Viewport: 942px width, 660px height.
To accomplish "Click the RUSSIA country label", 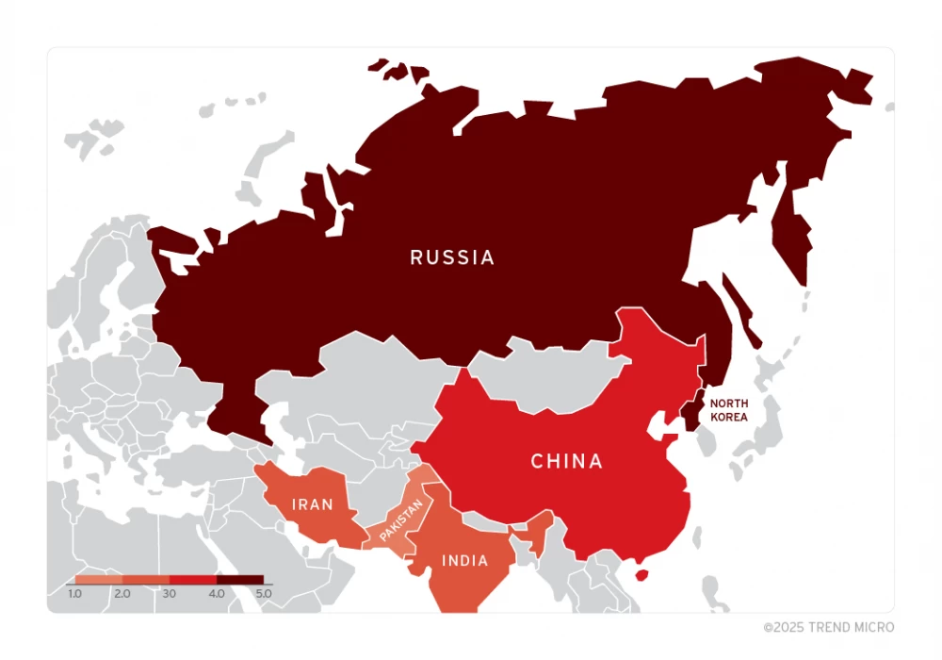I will click(x=452, y=257).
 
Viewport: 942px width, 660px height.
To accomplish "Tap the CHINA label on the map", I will click(x=566, y=461).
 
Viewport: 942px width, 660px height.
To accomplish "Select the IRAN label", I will click(x=312, y=504).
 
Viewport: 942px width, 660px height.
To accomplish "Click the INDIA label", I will click(x=465, y=561).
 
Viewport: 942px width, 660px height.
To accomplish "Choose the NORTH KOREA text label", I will click(x=730, y=409).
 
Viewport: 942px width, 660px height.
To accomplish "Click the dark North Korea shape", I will click(x=693, y=406).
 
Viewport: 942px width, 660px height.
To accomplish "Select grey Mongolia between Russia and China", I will click(x=546, y=372).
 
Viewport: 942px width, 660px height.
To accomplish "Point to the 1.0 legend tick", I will click(x=75, y=594).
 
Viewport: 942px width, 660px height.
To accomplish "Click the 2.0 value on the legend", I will click(x=122, y=594).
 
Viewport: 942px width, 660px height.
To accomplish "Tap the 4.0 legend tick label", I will click(x=217, y=594).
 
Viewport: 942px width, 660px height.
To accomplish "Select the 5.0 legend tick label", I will click(x=263, y=594).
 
